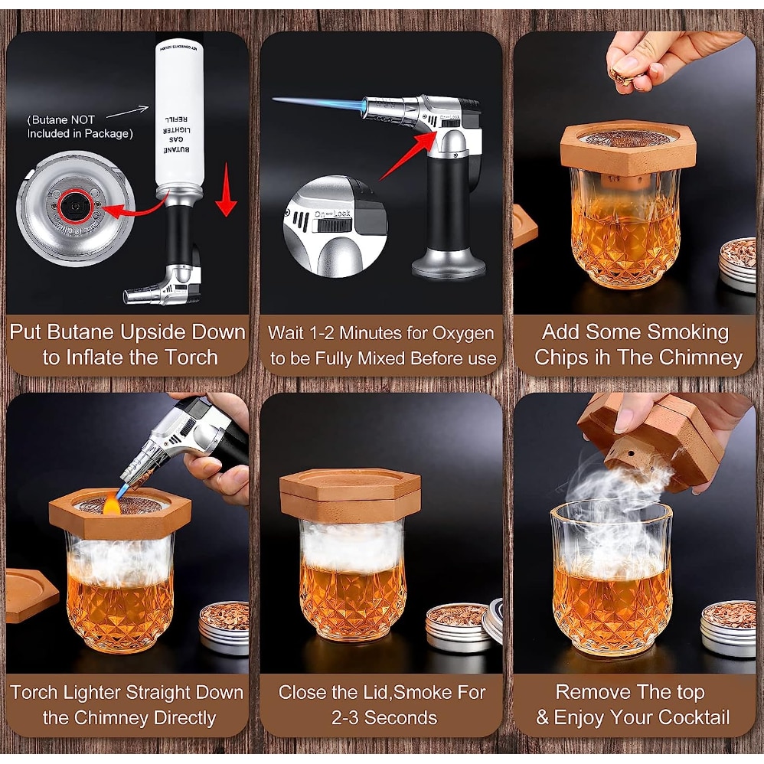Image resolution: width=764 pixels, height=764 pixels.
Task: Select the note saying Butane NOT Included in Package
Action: [80, 127]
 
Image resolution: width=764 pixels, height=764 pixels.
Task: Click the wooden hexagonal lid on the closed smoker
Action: [351, 493]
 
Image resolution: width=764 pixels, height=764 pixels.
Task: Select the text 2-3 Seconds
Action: [384, 718]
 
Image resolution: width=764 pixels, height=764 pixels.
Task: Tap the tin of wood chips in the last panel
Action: [729, 628]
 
